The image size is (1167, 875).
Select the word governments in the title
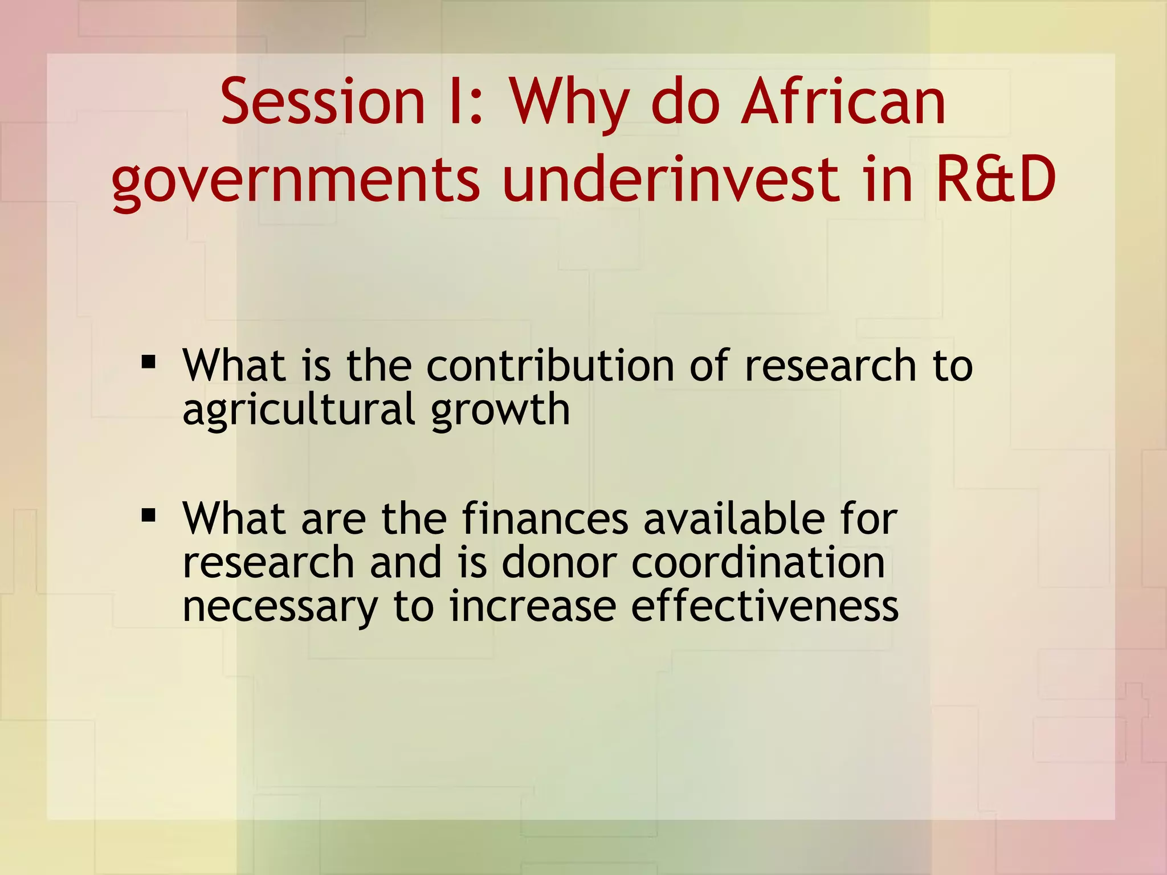coord(296,181)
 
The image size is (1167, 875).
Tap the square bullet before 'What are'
coord(149,516)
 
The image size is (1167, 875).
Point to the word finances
coord(545,519)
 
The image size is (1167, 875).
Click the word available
coord(734,519)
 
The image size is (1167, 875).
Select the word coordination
coord(758,563)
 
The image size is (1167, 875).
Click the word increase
coord(532,607)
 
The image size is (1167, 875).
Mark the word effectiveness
coord(765,607)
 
